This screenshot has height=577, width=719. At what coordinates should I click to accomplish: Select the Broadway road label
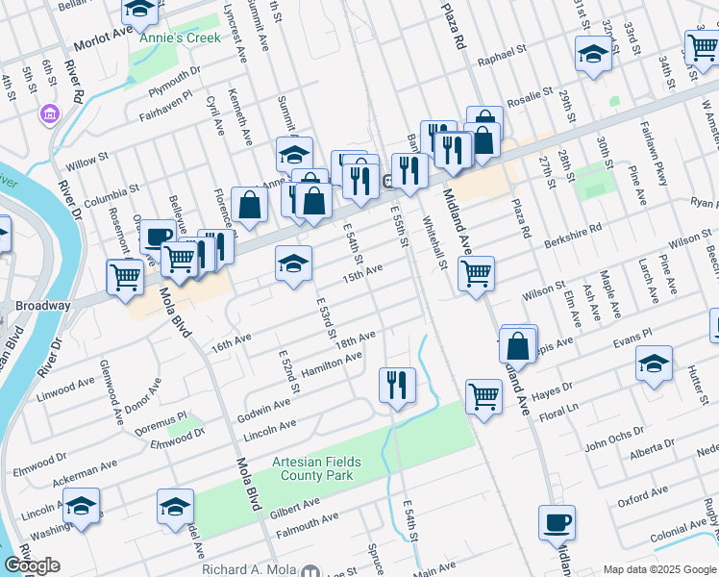(43, 306)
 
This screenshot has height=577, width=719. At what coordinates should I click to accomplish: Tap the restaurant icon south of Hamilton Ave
(397, 385)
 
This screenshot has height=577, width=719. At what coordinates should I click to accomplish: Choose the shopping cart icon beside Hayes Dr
(483, 394)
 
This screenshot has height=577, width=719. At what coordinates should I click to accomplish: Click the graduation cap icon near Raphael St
(593, 54)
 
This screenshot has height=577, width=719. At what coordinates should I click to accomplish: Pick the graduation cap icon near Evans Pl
(654, 364)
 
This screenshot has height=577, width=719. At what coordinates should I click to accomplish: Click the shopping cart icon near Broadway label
(125, 276)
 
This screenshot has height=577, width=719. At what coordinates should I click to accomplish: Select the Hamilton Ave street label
(332, 364)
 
